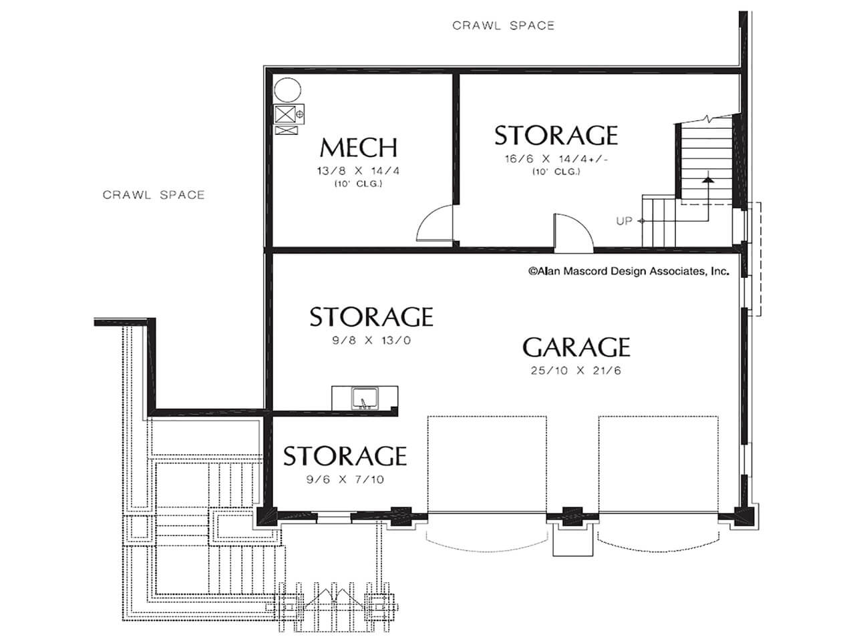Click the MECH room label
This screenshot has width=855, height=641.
coord(358,148)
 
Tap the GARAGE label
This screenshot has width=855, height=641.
coord(576,347)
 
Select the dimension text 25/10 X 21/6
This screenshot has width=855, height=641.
coord(576,371)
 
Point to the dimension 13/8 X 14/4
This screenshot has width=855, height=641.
coord(358,171)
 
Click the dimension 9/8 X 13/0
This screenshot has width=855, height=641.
coord(371,341)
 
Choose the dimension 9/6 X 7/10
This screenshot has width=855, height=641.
coord(345,479)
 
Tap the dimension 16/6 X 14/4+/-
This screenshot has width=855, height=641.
coord(556,159)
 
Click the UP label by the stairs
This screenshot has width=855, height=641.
coord(624,221)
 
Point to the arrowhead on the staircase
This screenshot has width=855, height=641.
coord(708,180)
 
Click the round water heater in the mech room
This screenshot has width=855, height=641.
coord(287,90)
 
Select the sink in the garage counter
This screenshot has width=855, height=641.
coord(365,398)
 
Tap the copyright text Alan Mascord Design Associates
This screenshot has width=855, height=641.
coord(629,271)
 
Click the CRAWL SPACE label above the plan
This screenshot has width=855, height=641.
coord(503,25)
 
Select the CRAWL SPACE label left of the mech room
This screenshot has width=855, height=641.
coord(154,194)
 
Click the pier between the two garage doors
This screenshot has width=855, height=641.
coord(572,517)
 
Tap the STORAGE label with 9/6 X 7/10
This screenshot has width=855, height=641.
coord(345,456)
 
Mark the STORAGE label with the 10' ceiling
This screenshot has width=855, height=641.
coord(556,136)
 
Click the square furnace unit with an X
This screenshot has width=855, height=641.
coord(285,114)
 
